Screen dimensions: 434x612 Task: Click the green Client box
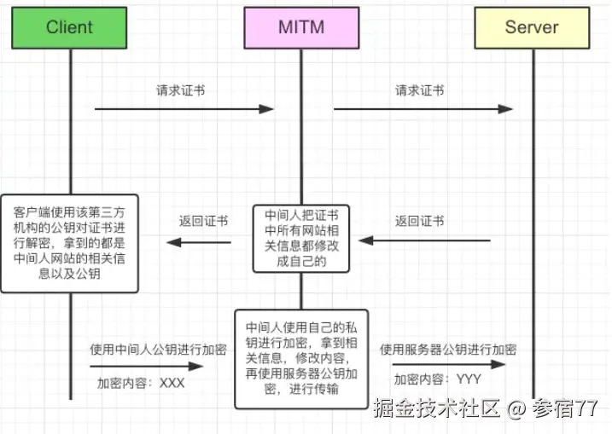tap(69, 27)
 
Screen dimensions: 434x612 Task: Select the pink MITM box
tap(300, 27)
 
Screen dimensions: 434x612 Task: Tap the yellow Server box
tap(533, 27)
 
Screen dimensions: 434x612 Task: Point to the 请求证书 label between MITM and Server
tap(419, 90)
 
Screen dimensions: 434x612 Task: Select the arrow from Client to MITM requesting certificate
tap(183, 109)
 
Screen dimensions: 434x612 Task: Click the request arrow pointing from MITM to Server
tap(423, 109)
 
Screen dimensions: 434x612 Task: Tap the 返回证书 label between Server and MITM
tap(419, 221)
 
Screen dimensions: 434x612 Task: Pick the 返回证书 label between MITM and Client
tap(203, 221)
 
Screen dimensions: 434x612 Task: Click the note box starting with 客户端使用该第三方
tap(69, 244)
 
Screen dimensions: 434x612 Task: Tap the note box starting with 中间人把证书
tap(300, 238)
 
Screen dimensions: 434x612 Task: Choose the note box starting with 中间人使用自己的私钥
tap(301, 359)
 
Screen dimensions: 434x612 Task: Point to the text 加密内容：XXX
tap(140, 383)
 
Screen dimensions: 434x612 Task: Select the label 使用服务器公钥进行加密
tap(448, 350)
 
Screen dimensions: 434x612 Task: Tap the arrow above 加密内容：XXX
tap(149, 366)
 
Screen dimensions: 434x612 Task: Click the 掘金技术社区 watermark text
tap(436, 409)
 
